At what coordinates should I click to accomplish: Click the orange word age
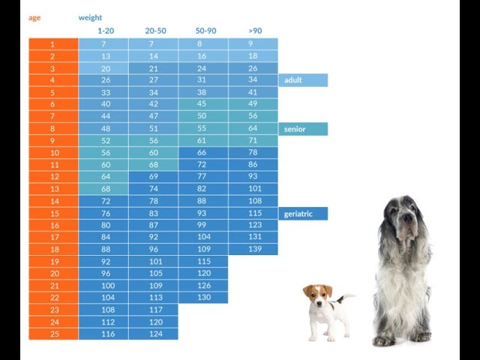pyautogui.click(x=34, y=17)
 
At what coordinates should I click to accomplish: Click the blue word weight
pyautogui.click(x=90, y=17)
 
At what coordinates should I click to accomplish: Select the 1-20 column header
pyautogui.click(x=105, y=31)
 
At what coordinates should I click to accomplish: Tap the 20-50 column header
pyautogui.click(x=155, y=31)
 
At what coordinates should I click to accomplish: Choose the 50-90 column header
pyautogui.click(x=205, y=31)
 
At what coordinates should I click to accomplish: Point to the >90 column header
pyautogui.click(x=255, y=31)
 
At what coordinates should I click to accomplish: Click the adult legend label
pyautogui.click(x=294, y=80)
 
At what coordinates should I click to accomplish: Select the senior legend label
pyautogui.click(x=295, y=129)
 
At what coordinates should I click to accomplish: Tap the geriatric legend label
pyautogui.click(x=298, y=214)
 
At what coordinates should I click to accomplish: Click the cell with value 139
pyautogui.click(x=255, y=249)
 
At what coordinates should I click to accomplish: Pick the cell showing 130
pyautogui.click(x=204, y=297)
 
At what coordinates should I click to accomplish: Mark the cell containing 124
pyautogui.click(x=154, y=334)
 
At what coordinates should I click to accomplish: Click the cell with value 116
pyautogui.click(x=105, y=334)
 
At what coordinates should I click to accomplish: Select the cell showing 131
pyautogui.click(x=255, y=237)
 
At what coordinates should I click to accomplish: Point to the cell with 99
pyautogui.click(x=202, y=225)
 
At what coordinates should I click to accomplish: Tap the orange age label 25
pyautogui.click(x=53, y=334)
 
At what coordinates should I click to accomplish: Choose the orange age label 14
pyautogui.click(x=53, y=201)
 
